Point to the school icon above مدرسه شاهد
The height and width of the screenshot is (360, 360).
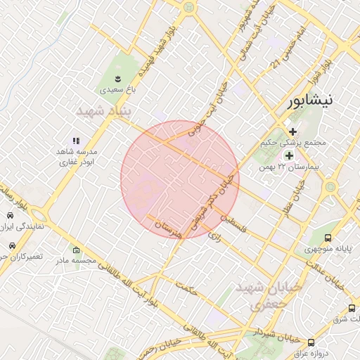coord(77,141)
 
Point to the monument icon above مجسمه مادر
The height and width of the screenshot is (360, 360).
coord(76,250)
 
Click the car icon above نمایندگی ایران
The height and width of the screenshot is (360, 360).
coord(10,215)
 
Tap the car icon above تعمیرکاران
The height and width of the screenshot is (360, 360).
coord(12,246)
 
